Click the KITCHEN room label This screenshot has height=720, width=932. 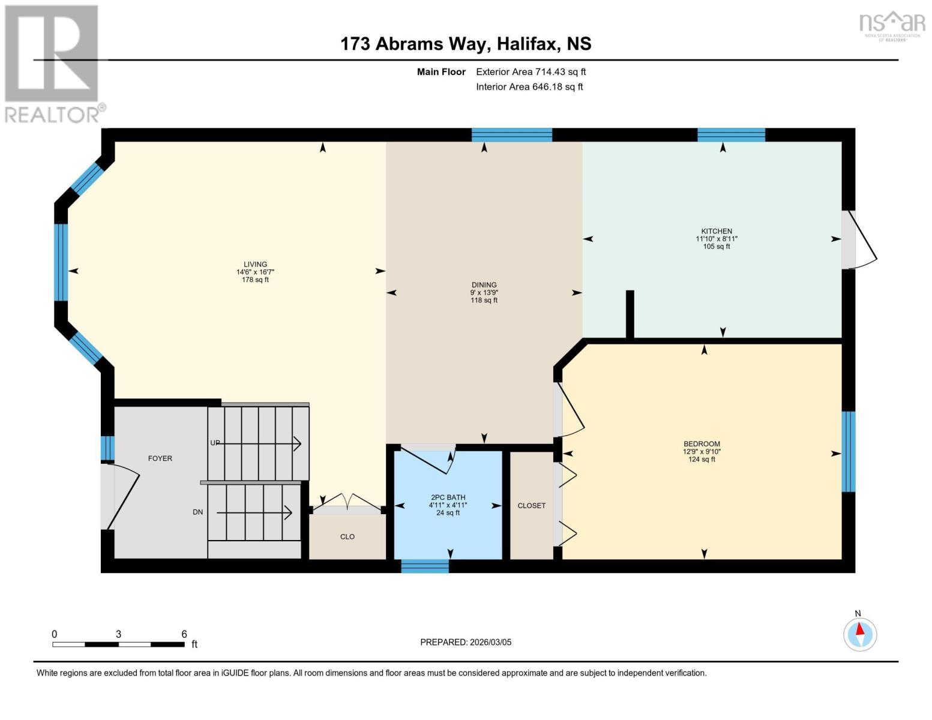(717, 232)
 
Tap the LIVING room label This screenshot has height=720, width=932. (255, 265)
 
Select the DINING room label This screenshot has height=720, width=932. (484, 285)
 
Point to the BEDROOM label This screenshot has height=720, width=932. (701, 444)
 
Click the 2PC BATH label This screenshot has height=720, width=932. (448, 497)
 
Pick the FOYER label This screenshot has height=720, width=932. (160, 458)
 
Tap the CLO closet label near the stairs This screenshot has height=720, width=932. (347, 537)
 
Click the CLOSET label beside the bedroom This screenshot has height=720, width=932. (532, 506)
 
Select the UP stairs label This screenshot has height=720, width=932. (215, 443)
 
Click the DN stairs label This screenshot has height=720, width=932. (198, 512)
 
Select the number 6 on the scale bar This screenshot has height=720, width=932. (184, 634)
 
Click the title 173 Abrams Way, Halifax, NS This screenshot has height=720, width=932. (466, 44)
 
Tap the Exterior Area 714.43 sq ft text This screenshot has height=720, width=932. (531, 72)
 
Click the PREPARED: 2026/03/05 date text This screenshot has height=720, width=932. (466, 642)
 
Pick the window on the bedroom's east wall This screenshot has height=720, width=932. (848, 451)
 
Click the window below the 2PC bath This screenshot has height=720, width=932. (425, 566)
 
